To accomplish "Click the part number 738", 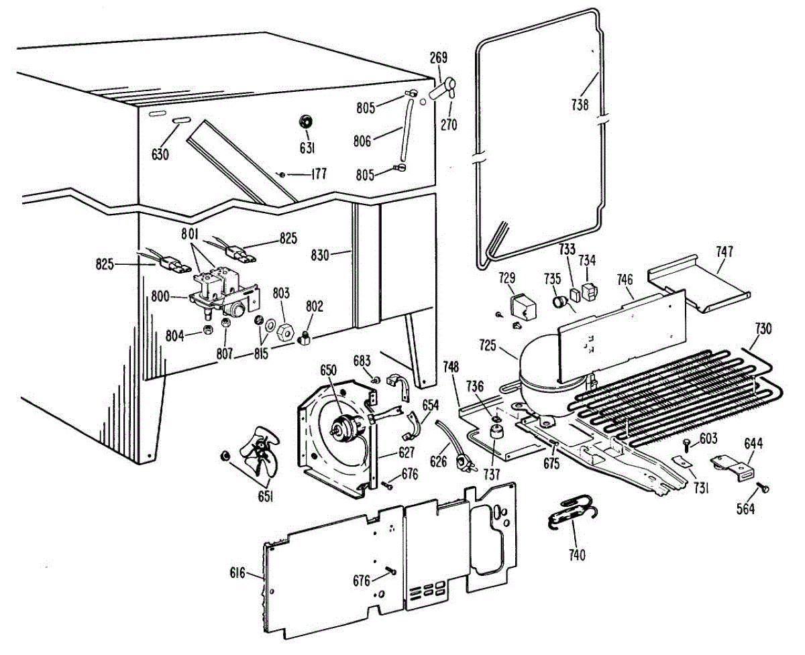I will point(580,105).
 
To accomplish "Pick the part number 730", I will point(763,329).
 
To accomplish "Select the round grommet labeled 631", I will point(305,121).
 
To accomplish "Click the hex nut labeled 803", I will point(285,329).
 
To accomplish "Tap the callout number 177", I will point(318,174).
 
